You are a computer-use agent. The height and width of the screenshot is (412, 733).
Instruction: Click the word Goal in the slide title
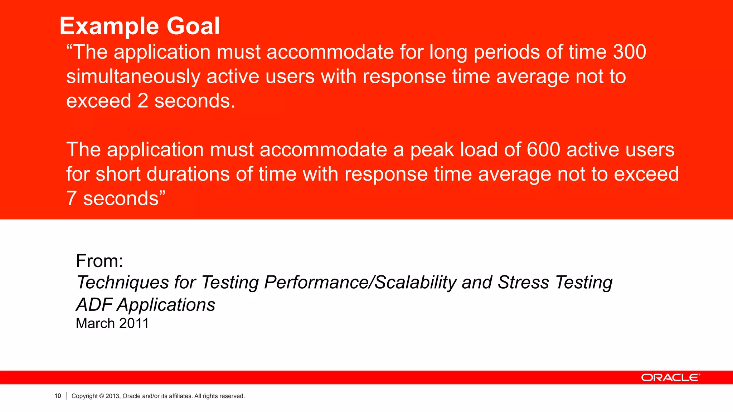point(193,26)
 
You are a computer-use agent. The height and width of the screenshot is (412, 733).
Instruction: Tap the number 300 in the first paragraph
point(629,52)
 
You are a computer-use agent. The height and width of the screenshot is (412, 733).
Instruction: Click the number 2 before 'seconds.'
point(142,101)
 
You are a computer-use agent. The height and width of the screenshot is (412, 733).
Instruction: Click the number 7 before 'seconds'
point(72,198)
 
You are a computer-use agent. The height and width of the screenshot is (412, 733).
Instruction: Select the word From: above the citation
point(99,261)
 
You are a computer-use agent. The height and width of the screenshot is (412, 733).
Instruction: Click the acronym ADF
point(94,305)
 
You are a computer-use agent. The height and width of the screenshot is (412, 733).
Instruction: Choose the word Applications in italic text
point(166,305)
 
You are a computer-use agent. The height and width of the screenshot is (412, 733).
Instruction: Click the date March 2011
point(112,323)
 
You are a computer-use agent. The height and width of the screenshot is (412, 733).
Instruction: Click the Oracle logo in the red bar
point(670,378)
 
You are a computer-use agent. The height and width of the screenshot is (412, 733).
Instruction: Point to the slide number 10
point(58,396)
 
